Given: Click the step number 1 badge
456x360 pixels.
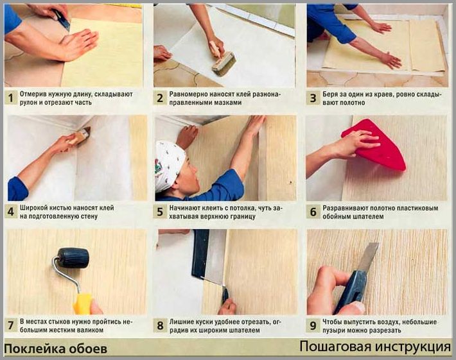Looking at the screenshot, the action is click(11, 98).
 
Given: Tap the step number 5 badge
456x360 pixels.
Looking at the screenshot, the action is click(160, 212).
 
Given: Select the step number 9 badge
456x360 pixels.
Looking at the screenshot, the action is click(313, 326).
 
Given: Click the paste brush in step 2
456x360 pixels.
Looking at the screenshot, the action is click(222, 60).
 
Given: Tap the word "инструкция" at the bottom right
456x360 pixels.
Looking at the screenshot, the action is click(413, 347).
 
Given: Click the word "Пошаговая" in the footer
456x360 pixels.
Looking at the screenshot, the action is click(335, 347).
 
